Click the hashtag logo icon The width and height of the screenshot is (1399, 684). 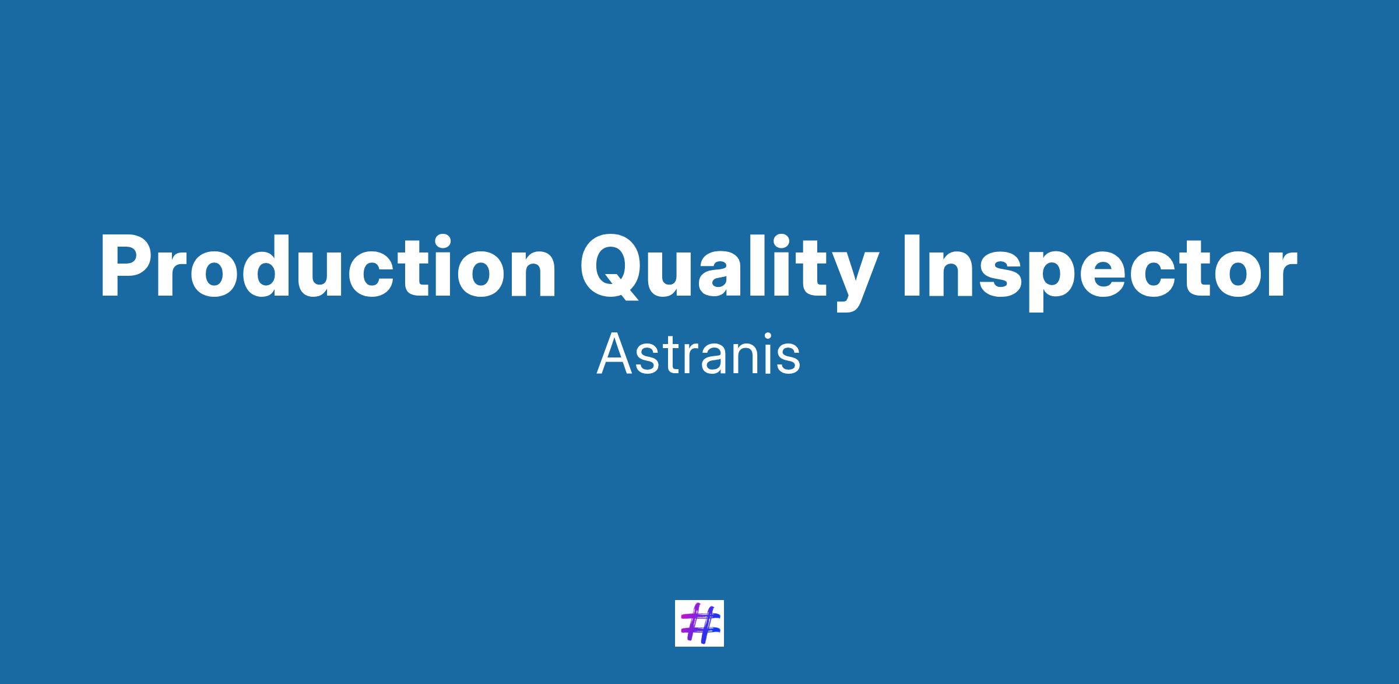click(699, 623)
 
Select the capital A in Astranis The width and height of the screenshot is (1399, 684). click(613, 355)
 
